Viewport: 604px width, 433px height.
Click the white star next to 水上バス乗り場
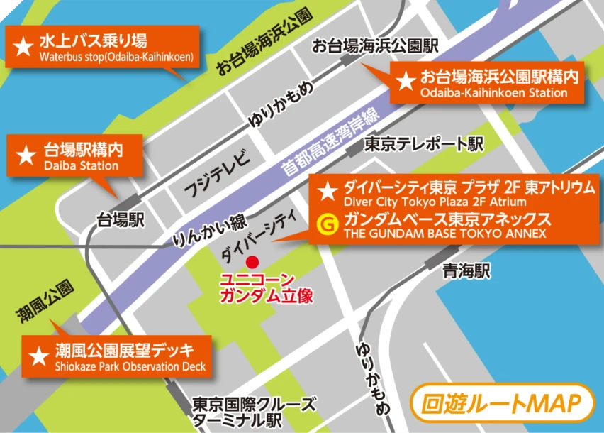(x=23, y=48)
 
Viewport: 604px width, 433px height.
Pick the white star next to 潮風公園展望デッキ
(x=36, y=354)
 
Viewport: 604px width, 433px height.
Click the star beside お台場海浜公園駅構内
(x=406, y=81)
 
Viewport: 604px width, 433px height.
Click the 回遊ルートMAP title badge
(x=503, y=403)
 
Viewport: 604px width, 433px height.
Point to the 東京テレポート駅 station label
(x=423, y=145)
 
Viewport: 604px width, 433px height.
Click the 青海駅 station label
(x=466, y=270)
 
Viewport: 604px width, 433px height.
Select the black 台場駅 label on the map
(x=121, y=219)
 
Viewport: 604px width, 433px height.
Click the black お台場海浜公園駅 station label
(x=375, y=47)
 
